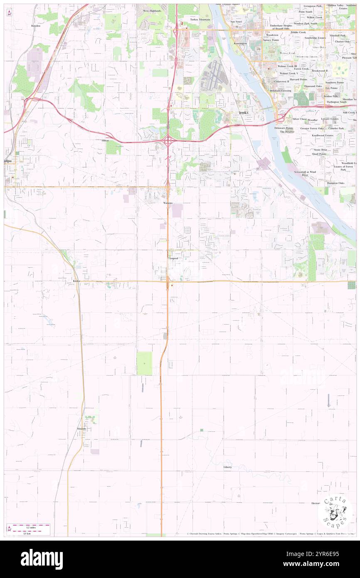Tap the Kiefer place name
click(72, 281)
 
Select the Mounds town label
click(81, 428)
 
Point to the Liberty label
click(227, 467)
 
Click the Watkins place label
click(168, 203)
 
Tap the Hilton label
click(105, 141)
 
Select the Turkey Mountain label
click(200, 20)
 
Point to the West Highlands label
click(152, 11)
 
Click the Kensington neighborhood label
click(240, 43)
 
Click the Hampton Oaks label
click(335, 183)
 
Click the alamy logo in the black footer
click(42, 559)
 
